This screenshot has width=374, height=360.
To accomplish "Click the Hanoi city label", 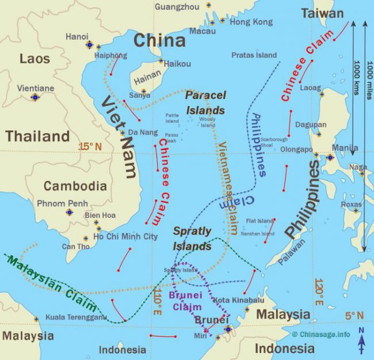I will (x=77, y=36).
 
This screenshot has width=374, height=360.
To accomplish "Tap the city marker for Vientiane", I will (x=35, y=97).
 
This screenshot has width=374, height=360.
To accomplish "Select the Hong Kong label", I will (x=251, y=22).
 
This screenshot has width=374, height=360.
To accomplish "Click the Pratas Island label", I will (x=254, y=55).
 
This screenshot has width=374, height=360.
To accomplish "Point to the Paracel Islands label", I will (x=205, y=103).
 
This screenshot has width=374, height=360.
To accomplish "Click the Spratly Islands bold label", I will (x=193, y=238).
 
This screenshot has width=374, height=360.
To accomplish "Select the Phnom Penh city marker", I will (x=70, y=212).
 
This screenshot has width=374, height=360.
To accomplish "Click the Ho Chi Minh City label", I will (x=125, y=236).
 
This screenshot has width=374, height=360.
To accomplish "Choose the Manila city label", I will (x=345, y=147).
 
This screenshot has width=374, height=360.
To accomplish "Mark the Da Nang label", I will (x=142, y=132).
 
